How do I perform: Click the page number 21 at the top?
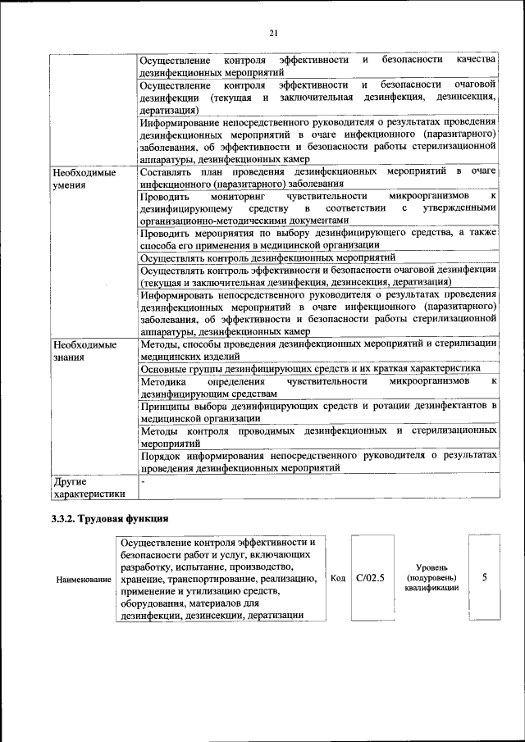coord(273,33)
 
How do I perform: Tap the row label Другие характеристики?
coord(88,488)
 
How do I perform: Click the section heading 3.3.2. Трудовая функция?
coord(116,518)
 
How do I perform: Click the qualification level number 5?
coord(484,577)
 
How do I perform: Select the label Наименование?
coord(84,579)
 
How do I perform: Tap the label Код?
coord(336,578)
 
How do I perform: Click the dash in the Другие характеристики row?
coord(144,482)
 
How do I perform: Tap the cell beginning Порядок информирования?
coord(318,460)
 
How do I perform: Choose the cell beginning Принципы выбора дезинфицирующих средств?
coord(318,412)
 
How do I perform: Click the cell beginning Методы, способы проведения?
coord(318,351)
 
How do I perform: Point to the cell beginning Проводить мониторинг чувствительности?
coord(318,208)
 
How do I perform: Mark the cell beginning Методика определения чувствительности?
coord(318,387)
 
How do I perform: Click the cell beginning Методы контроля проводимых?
coord(318,435)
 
